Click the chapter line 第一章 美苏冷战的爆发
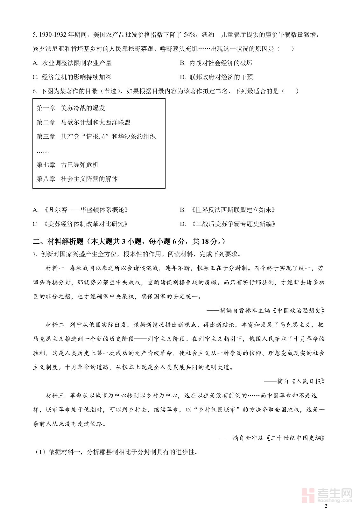71,108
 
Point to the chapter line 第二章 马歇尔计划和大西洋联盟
83,122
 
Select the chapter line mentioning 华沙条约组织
96,136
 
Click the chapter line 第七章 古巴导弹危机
67,165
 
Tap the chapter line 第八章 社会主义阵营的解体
77,179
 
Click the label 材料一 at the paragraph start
55,268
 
